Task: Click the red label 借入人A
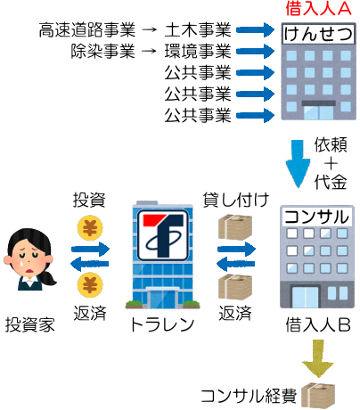pos(318,8)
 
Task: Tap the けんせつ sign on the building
pos(318,34)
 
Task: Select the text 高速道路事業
pos(87,30)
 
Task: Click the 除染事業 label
pos(102,51)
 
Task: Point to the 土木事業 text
pos(198,30)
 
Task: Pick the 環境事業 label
pos(198,51)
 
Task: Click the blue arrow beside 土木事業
pos(256,29)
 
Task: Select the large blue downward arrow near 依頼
pos(298,164)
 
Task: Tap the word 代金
pos(331,182)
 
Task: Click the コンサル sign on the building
pos(316,217)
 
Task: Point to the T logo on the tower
pos(163,235)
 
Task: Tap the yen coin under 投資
pos(90,228)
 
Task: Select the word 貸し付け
pos(236,200)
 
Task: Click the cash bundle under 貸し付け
pos(235,227)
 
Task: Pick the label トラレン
pos(162,324)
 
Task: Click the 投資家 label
pos(30,324)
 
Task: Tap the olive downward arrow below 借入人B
pos(318,358)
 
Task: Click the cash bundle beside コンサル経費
pos(318,396)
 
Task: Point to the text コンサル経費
pos(249,396)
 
